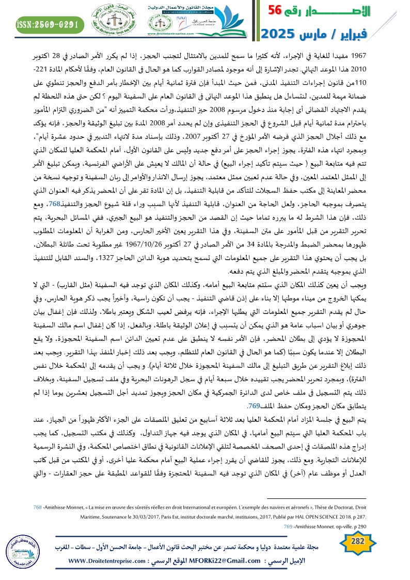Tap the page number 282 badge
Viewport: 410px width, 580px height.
pyautogui.click(x=358, y=542)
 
